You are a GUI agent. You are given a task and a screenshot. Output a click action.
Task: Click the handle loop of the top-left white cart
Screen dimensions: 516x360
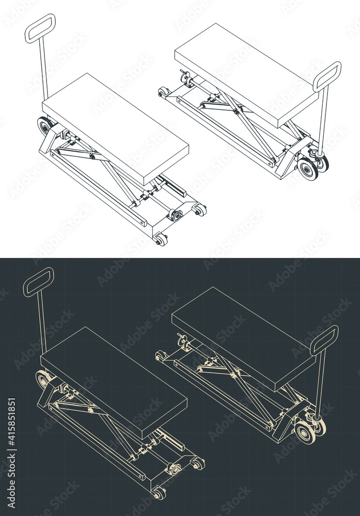tap(40, 28)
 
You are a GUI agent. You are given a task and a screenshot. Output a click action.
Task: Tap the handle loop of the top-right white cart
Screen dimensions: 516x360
tap(327, 76)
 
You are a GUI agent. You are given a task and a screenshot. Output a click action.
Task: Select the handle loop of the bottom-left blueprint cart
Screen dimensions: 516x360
tap(38, 282)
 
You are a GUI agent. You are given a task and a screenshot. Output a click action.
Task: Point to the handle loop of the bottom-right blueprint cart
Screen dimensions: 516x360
tap(324, 340)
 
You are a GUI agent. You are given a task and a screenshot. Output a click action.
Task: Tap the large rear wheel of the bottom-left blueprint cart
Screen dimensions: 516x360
tap(43, 380)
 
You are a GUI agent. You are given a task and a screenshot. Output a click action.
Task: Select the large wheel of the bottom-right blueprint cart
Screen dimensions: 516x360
tap(305, 432)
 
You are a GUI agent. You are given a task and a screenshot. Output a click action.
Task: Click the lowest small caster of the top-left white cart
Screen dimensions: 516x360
tap(161, 239)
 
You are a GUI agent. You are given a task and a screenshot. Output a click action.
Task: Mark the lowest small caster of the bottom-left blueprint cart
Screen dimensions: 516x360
tap(159, 493)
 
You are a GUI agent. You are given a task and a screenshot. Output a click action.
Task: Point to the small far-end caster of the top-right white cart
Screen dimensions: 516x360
tap(164, 92)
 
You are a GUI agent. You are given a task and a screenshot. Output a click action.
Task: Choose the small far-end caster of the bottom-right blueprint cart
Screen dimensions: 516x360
tap(161, 356)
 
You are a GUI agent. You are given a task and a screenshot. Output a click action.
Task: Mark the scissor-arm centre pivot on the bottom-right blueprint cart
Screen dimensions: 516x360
tap(234, 375)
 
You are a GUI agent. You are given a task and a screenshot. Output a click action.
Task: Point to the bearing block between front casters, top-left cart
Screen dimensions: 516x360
tap(176, 215)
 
